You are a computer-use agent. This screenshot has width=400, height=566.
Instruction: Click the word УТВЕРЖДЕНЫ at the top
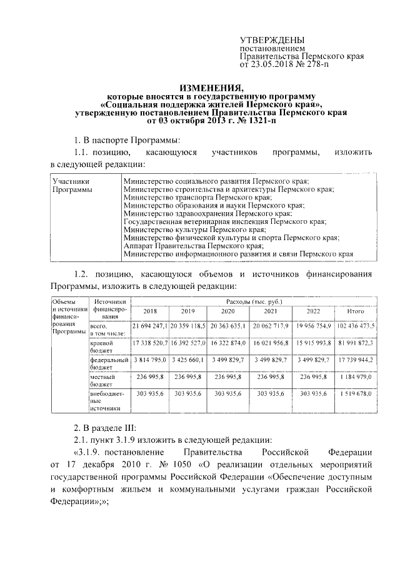point(270,39)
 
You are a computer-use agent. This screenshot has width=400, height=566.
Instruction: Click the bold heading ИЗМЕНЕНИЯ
point(199,88)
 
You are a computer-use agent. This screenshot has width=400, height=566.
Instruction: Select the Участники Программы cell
point(71,184)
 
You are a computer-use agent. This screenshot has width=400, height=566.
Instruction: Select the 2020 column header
point(227,311)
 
